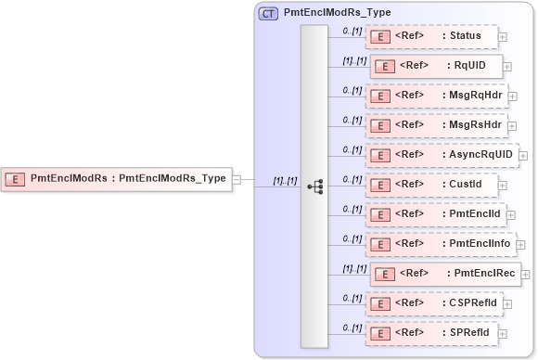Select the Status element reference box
point(431,36)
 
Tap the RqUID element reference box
point(436,66)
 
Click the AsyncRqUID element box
point(441,155)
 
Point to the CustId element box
point(431,185)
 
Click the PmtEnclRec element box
point(443,274)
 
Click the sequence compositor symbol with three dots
point(314,186)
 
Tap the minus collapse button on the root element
point(237,178)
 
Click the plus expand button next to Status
point(503,37)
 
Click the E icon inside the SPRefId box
point(378,333)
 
